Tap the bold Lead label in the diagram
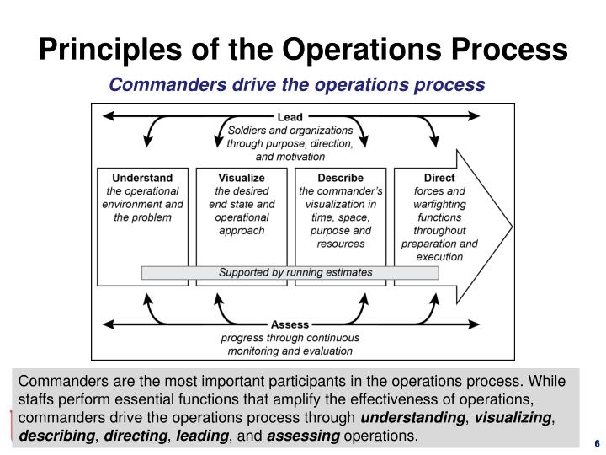(x=290, y=116)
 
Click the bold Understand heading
(x=142, y=178)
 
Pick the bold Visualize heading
(x=242, y=178)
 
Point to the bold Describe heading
(x=340, y=178)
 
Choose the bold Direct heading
(x=439, y=178)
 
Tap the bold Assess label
(x=290, y=324)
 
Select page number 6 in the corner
(x=596, y=444)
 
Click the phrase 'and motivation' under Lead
(x=290, y=157)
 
